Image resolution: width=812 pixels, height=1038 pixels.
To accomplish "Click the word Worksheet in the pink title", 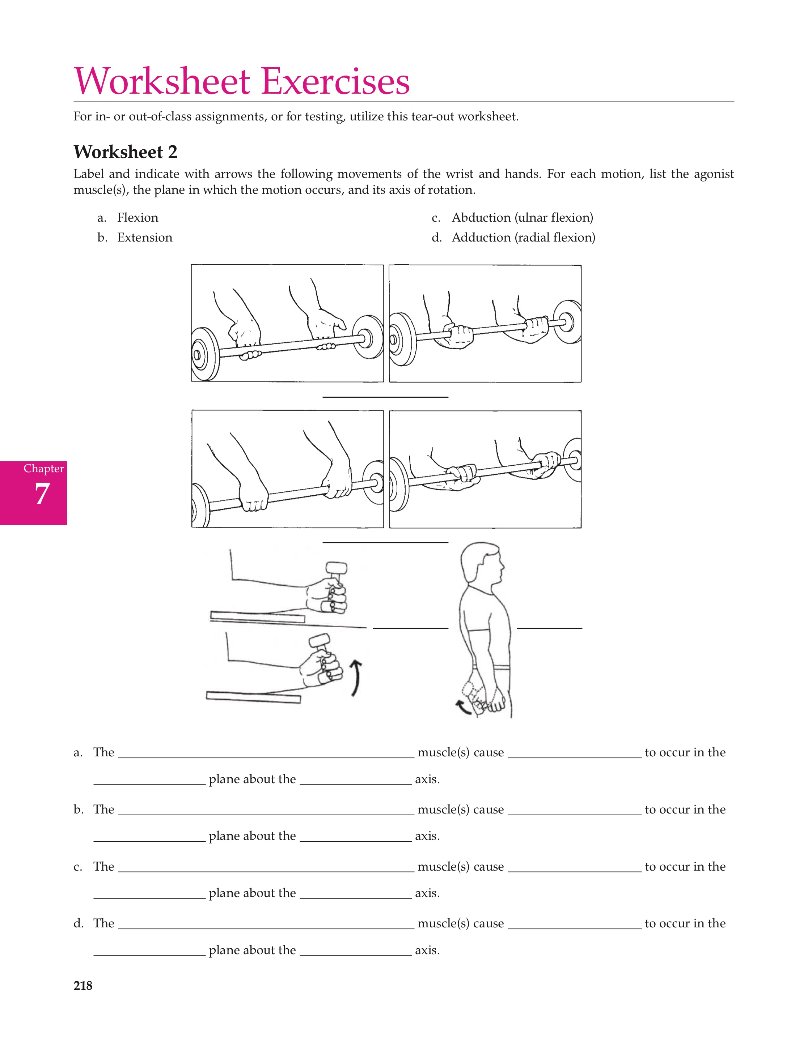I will click(x=162, y=82).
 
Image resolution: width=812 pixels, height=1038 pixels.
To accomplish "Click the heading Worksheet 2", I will click(x=125, y=152).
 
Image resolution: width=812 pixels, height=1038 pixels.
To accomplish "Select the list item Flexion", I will click(x=138, y=218).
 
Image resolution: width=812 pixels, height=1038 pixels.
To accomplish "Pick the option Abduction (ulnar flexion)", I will click(x=522, y=218).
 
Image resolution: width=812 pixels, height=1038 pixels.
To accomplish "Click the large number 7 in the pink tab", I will click(x=42, y=494).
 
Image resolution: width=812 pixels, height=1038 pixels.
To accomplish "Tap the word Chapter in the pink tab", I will click(x=43, y=469).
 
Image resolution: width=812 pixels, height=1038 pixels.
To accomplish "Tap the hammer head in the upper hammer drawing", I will click(x=336, y=568).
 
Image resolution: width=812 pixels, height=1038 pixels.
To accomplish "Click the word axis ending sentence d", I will click(x=426, y=951).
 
